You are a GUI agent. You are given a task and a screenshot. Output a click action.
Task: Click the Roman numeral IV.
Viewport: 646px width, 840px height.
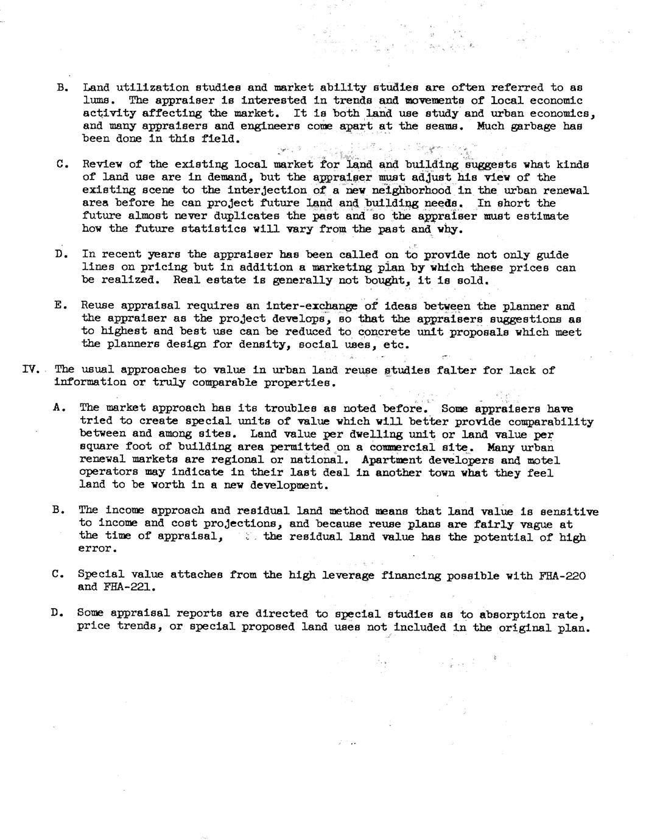coord(30,369)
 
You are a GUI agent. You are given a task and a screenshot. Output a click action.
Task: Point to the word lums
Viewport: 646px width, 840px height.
coord(96,100)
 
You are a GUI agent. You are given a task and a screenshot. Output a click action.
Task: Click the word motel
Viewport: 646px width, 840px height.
coord(543,460)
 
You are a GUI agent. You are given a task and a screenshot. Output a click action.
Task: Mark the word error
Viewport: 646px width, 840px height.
coord(96,548)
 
